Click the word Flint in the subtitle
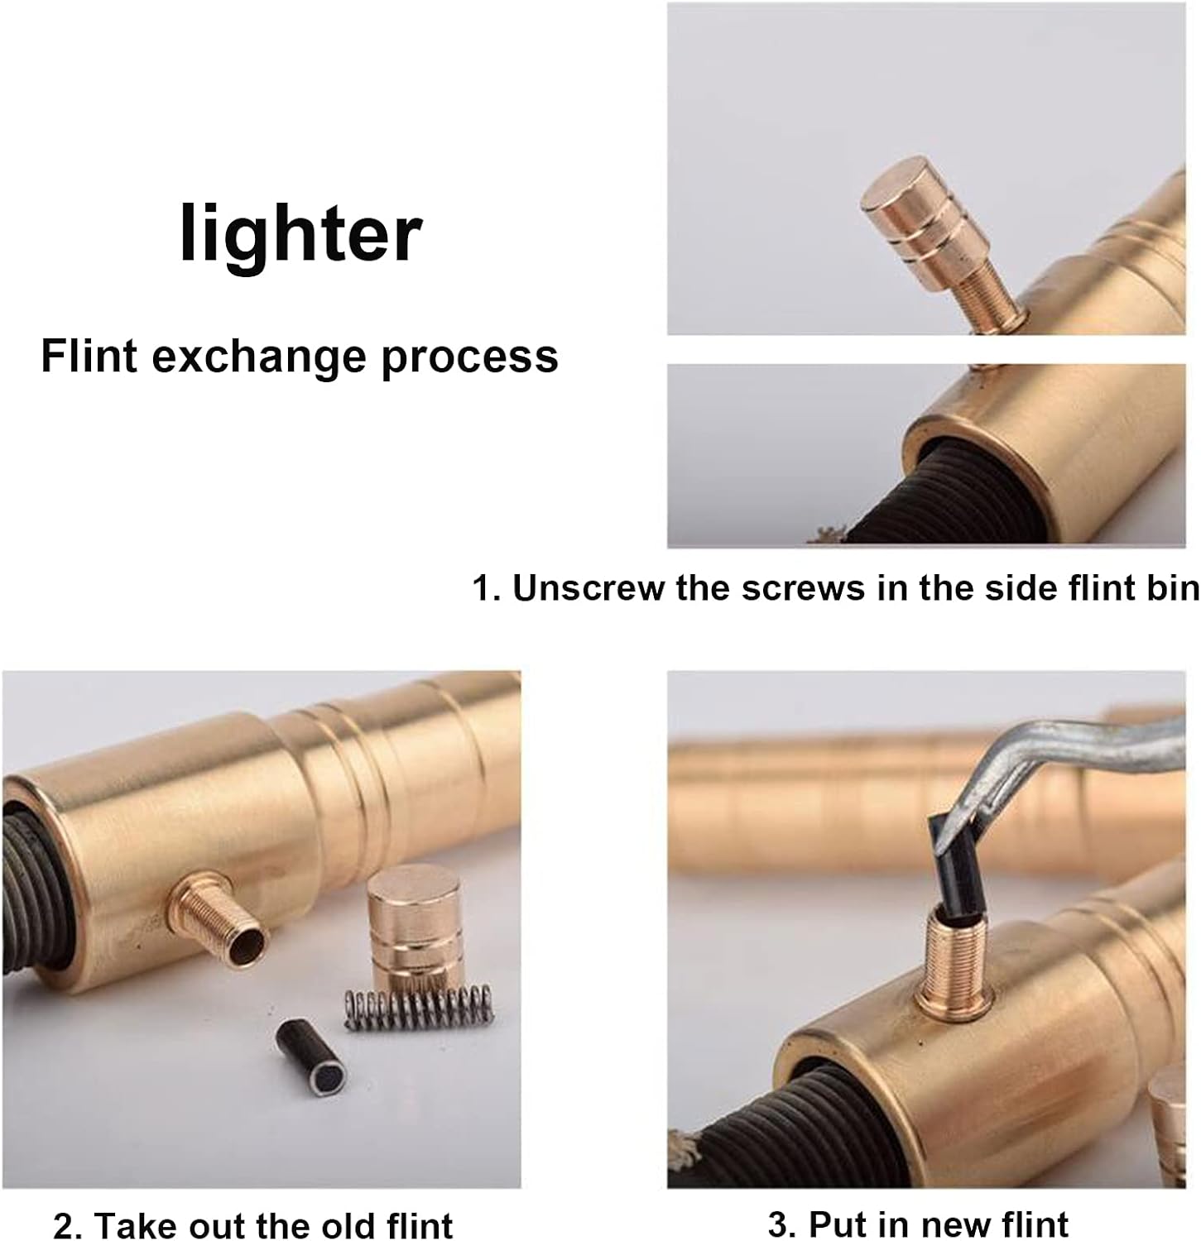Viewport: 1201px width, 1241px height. tap(89, 357)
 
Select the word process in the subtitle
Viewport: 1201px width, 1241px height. tap(469, 358)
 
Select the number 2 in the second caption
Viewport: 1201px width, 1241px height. tap(61, 1224)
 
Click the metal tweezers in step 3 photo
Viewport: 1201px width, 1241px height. tap(1068, 745)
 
